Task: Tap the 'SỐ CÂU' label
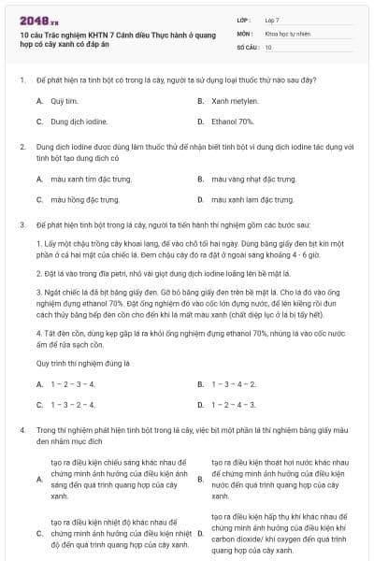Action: pyautogui.click(x=246, y=46)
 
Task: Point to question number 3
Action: pyautogui.click(x=21, y=225)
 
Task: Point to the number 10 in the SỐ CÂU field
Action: pyautogui.click(x=268, y=46)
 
